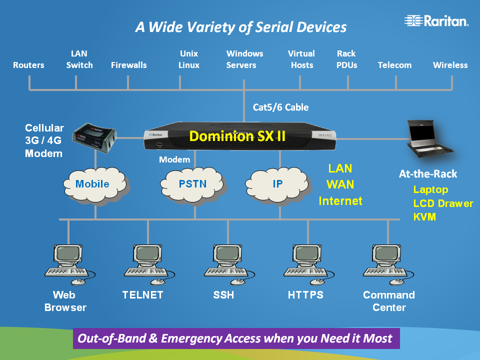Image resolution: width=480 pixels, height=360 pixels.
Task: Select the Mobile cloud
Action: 93,184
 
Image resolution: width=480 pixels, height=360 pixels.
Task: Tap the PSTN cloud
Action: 192,184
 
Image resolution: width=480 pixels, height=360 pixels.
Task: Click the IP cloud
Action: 277,184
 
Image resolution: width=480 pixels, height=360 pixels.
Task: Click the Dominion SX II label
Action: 237,135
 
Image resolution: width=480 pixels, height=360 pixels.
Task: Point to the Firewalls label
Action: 128,65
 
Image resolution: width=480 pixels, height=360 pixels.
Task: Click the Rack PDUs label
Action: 346,59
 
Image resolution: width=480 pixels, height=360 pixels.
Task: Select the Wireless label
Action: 450,65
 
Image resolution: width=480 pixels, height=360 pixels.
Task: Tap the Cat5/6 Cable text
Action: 280,107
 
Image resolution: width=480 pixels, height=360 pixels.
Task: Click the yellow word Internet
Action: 340,201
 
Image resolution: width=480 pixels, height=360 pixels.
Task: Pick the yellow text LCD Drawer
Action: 443,203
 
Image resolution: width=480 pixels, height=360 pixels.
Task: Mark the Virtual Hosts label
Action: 301,59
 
